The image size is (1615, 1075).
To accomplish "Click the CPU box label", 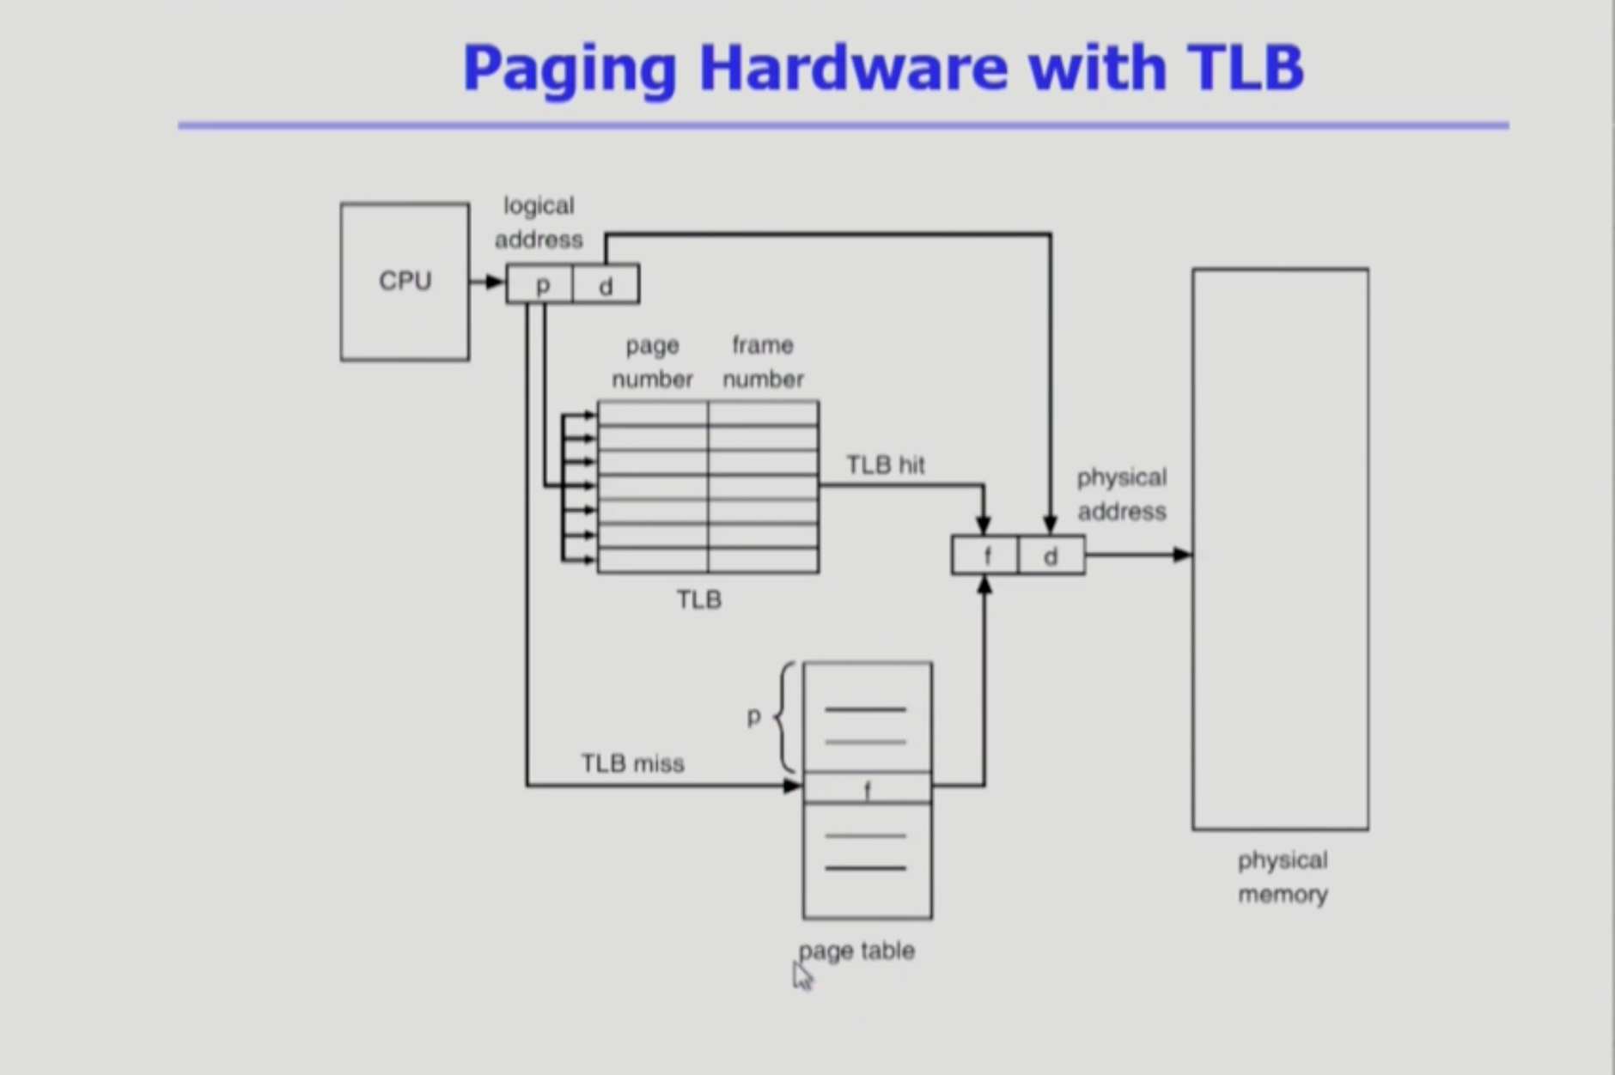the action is pos(405,281).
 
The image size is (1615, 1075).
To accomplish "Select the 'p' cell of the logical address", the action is pos(539,284).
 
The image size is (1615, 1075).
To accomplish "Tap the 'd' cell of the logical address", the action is pos(606,284).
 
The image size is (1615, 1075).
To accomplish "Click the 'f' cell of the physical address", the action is pos(985,556).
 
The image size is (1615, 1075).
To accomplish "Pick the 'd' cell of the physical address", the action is pos(1051,556).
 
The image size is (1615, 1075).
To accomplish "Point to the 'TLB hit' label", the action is pos(886,465).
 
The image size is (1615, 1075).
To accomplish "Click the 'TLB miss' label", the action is pos(633,763).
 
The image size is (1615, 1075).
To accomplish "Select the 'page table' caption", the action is pos(856,951).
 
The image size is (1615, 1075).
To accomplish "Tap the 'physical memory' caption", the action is pos(1283,877).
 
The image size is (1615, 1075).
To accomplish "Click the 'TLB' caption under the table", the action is pos(699,599).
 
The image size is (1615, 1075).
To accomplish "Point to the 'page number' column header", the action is pos(652,361).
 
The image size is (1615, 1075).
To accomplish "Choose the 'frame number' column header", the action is pos(763,361).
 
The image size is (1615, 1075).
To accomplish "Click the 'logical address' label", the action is pos(539,222).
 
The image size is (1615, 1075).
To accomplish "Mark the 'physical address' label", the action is pos(1122,494).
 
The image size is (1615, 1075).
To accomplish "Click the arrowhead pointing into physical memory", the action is pos(1183,555).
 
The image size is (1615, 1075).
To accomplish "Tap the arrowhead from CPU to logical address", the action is pos(496,282).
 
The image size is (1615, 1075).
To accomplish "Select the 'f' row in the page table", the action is pos(868,787).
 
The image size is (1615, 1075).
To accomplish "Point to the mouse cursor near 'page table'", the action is pos(802,976).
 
